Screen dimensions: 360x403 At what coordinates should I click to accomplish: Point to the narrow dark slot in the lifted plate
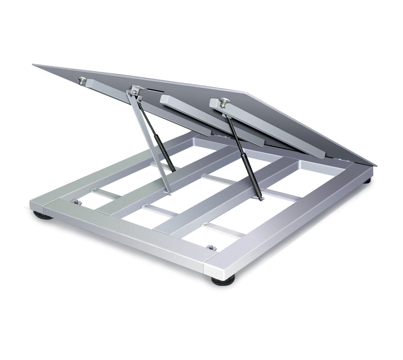tap(150, 91)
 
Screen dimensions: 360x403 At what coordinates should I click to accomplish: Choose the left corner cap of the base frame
tap(38, 205)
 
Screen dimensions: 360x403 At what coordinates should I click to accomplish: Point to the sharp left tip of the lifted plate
tap(32, 64)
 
